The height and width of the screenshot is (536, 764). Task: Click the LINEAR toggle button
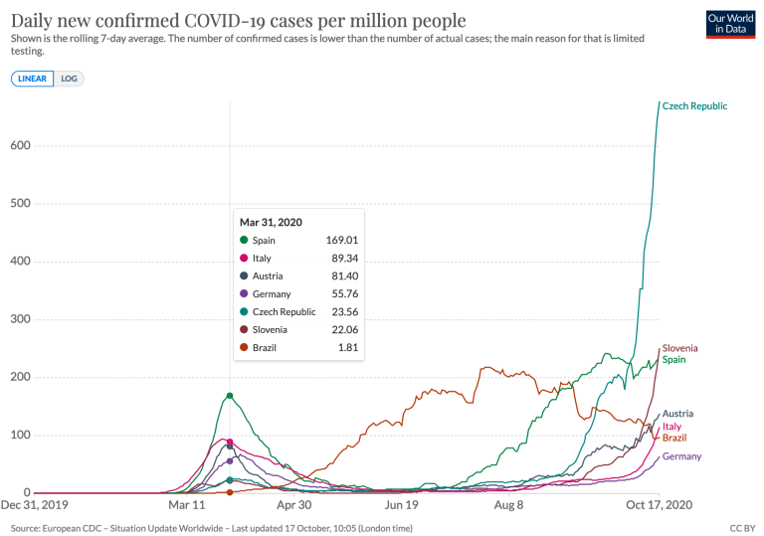pos(32,79)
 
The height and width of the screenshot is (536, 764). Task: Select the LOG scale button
pos(69,79)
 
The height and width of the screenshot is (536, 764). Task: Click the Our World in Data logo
pos(730,24)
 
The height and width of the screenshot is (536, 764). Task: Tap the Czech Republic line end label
pos(694,105)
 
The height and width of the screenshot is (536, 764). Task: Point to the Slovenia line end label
pos(679,348)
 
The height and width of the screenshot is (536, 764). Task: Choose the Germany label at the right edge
pos(681,456)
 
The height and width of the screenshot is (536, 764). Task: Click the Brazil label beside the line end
pos(674,438)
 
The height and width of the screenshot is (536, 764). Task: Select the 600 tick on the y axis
pos(20,145)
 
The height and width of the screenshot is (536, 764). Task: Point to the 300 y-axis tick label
pos(20,318)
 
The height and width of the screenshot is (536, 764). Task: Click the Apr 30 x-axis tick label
pos(293,505)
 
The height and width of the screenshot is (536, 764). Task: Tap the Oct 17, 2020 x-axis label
pos(659,505)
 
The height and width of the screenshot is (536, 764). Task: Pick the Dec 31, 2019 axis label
pos(35,505)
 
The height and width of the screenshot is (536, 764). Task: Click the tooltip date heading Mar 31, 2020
pos(271,222)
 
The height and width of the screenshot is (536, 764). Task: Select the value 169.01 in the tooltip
pos(342,241)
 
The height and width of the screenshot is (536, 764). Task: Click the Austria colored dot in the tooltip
pos(244,275)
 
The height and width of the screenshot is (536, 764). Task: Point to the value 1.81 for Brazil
pos(348,347)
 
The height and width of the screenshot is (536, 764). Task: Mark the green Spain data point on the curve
pos(230,396)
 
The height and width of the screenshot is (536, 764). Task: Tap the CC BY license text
pos(742,528)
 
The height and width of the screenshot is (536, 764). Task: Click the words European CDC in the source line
pos(72,528)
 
